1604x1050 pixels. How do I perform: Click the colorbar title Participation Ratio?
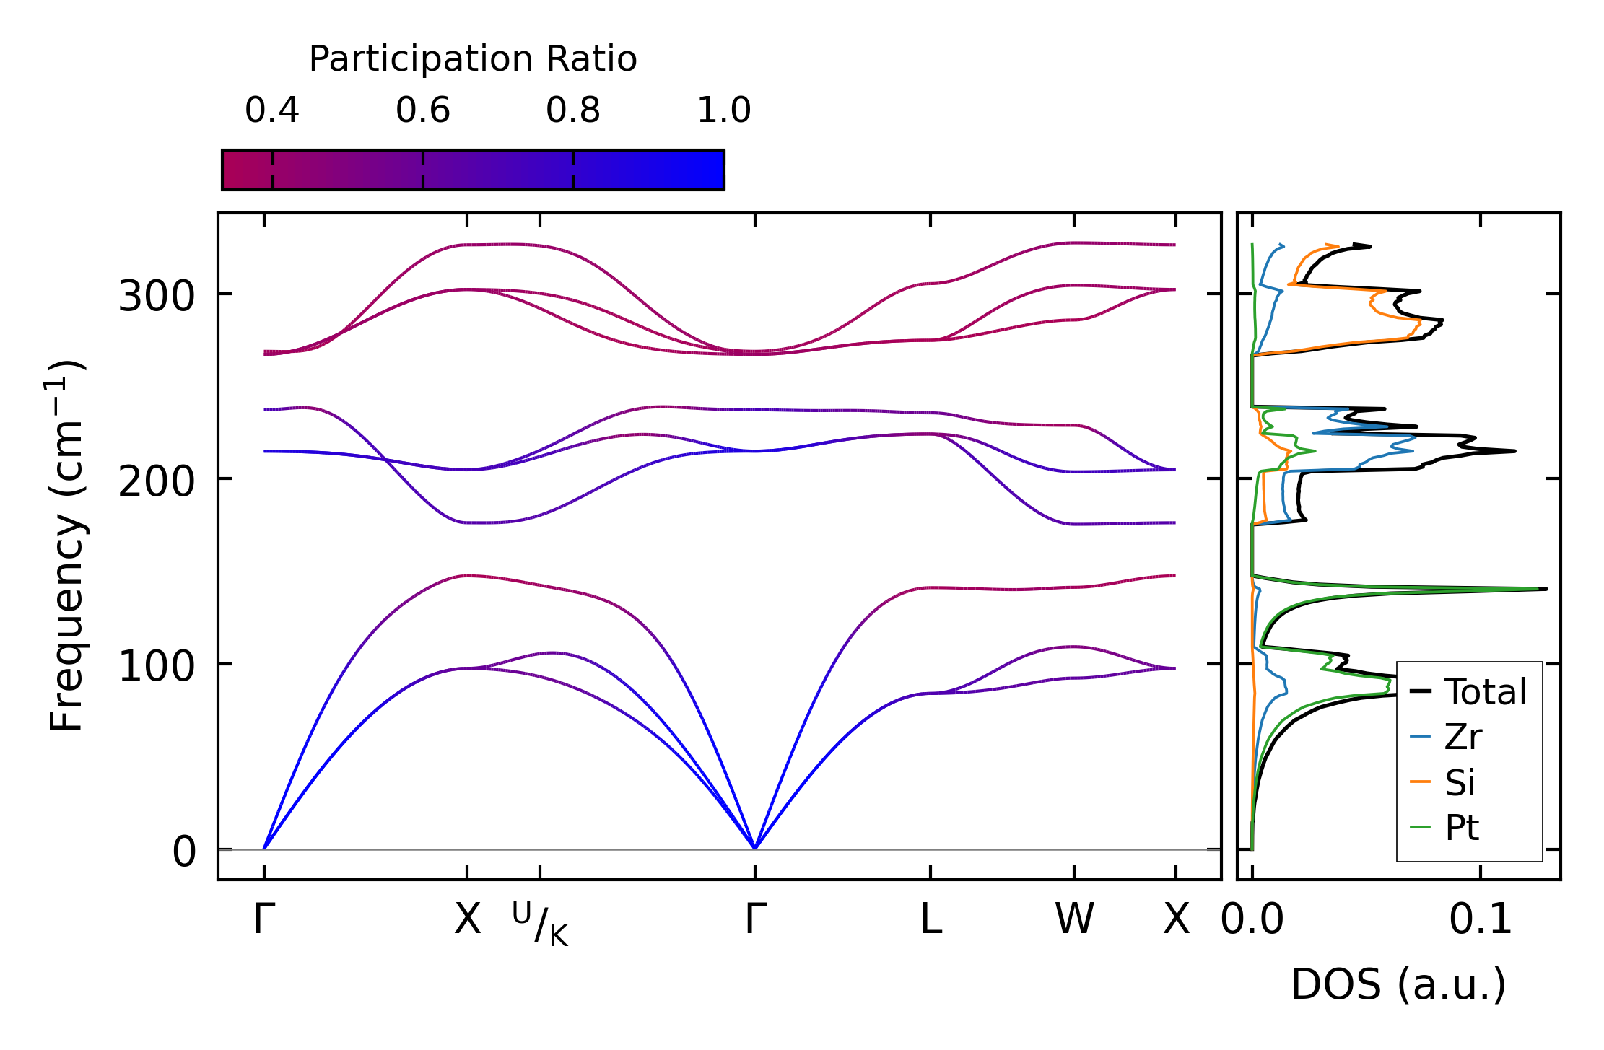[x=473, y=59]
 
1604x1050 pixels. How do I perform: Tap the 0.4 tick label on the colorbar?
[x=272, y=110]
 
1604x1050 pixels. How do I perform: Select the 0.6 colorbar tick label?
[x=423, y=110]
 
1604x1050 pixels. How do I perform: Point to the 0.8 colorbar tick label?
[x=573, y=110]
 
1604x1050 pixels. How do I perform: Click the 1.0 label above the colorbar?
[x=724, y=110]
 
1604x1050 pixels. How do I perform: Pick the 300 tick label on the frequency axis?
[x=157, y=296]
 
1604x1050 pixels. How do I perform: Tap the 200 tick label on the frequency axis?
[x=157, y=481]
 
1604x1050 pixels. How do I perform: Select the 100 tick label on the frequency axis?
[x=157, y=666]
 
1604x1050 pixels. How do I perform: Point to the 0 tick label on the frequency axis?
[x=184, y=852]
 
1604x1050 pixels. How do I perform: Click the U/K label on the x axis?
[x=540, y=923]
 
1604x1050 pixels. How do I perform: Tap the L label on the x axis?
[x=930, y=919]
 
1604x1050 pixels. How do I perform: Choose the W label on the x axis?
[x=1074, y=919]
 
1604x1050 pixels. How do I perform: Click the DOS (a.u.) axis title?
[x=1398, y=984]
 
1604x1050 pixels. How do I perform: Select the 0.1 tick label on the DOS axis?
[x=1481, y=919]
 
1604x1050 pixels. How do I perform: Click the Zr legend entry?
[x=1463, y=737]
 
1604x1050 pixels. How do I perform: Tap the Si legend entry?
[x=1460, y=782]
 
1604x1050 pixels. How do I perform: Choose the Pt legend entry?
[x=1462, y=828]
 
